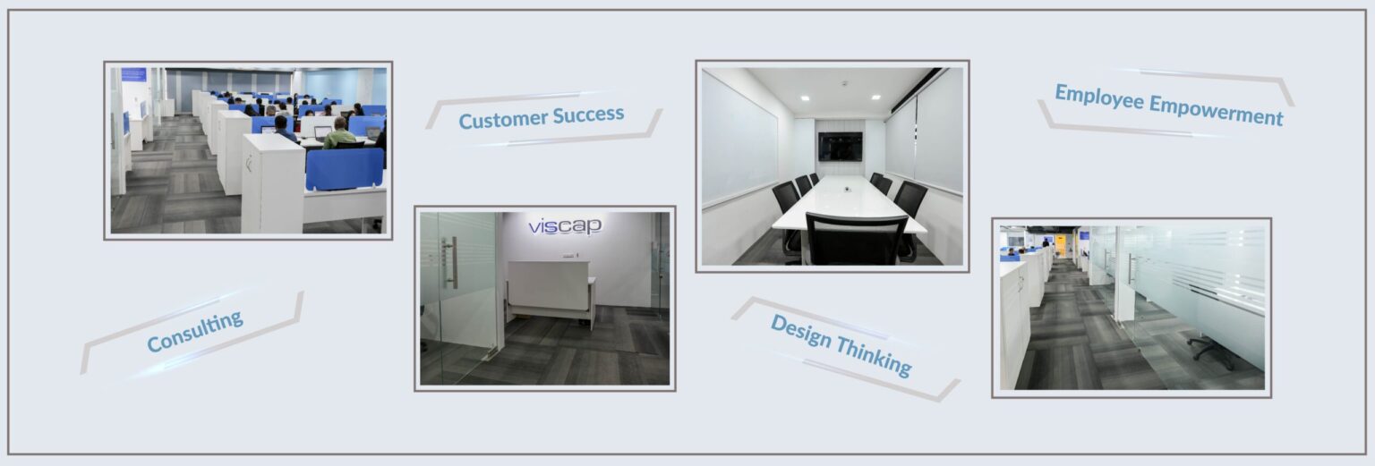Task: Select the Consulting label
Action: [194, 331]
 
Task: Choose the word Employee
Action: [1098, 98]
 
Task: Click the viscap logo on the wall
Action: [565, 226]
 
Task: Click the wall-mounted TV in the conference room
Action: [839, 147]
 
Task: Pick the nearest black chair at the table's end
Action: [855, 239]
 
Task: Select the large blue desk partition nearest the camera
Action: [344, 169]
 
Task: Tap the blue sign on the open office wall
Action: [133, 74]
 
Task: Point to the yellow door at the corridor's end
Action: [1061, 245]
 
